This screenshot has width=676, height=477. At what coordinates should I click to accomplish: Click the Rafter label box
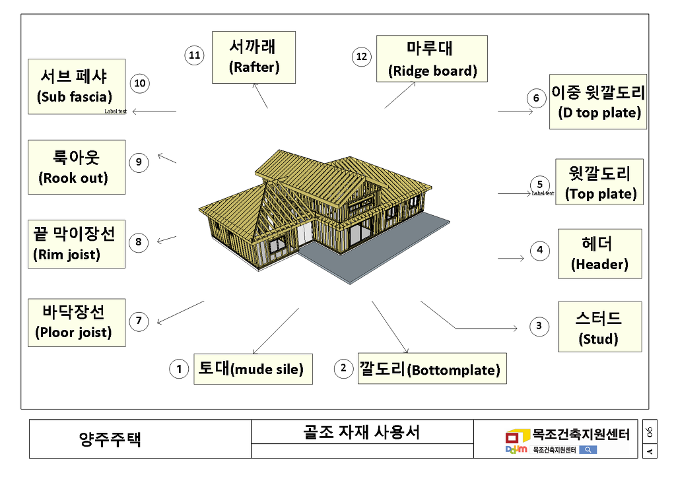coord(253,57)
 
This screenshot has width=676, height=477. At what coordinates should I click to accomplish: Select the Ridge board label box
coord(432,59)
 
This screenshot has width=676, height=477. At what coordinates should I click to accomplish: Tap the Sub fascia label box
coord(77,86)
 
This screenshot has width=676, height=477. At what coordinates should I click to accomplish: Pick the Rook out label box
coord(77,167)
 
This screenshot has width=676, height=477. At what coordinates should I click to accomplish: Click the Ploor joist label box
coord(77,323)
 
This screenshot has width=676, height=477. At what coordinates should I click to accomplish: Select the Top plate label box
coord(599,183)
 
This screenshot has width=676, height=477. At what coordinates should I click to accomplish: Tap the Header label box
coord(599,253)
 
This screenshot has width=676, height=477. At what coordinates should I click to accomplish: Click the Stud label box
coord(599,327)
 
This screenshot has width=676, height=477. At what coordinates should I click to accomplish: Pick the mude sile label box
coord(253,369)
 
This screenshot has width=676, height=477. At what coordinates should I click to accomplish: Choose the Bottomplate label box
coord(430,369)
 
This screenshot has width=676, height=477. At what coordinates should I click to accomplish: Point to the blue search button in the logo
coord(587,450)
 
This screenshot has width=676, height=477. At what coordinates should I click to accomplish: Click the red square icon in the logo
coord(513,437)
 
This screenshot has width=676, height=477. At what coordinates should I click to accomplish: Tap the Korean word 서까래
coord(253,48)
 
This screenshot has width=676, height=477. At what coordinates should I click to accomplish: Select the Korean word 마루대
coord(430,49)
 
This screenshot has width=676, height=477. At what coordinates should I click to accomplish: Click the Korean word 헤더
coord(597,244)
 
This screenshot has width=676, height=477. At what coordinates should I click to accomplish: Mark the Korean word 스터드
coord(598,319)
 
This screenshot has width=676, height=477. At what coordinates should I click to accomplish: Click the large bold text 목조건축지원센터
coord(581,434)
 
